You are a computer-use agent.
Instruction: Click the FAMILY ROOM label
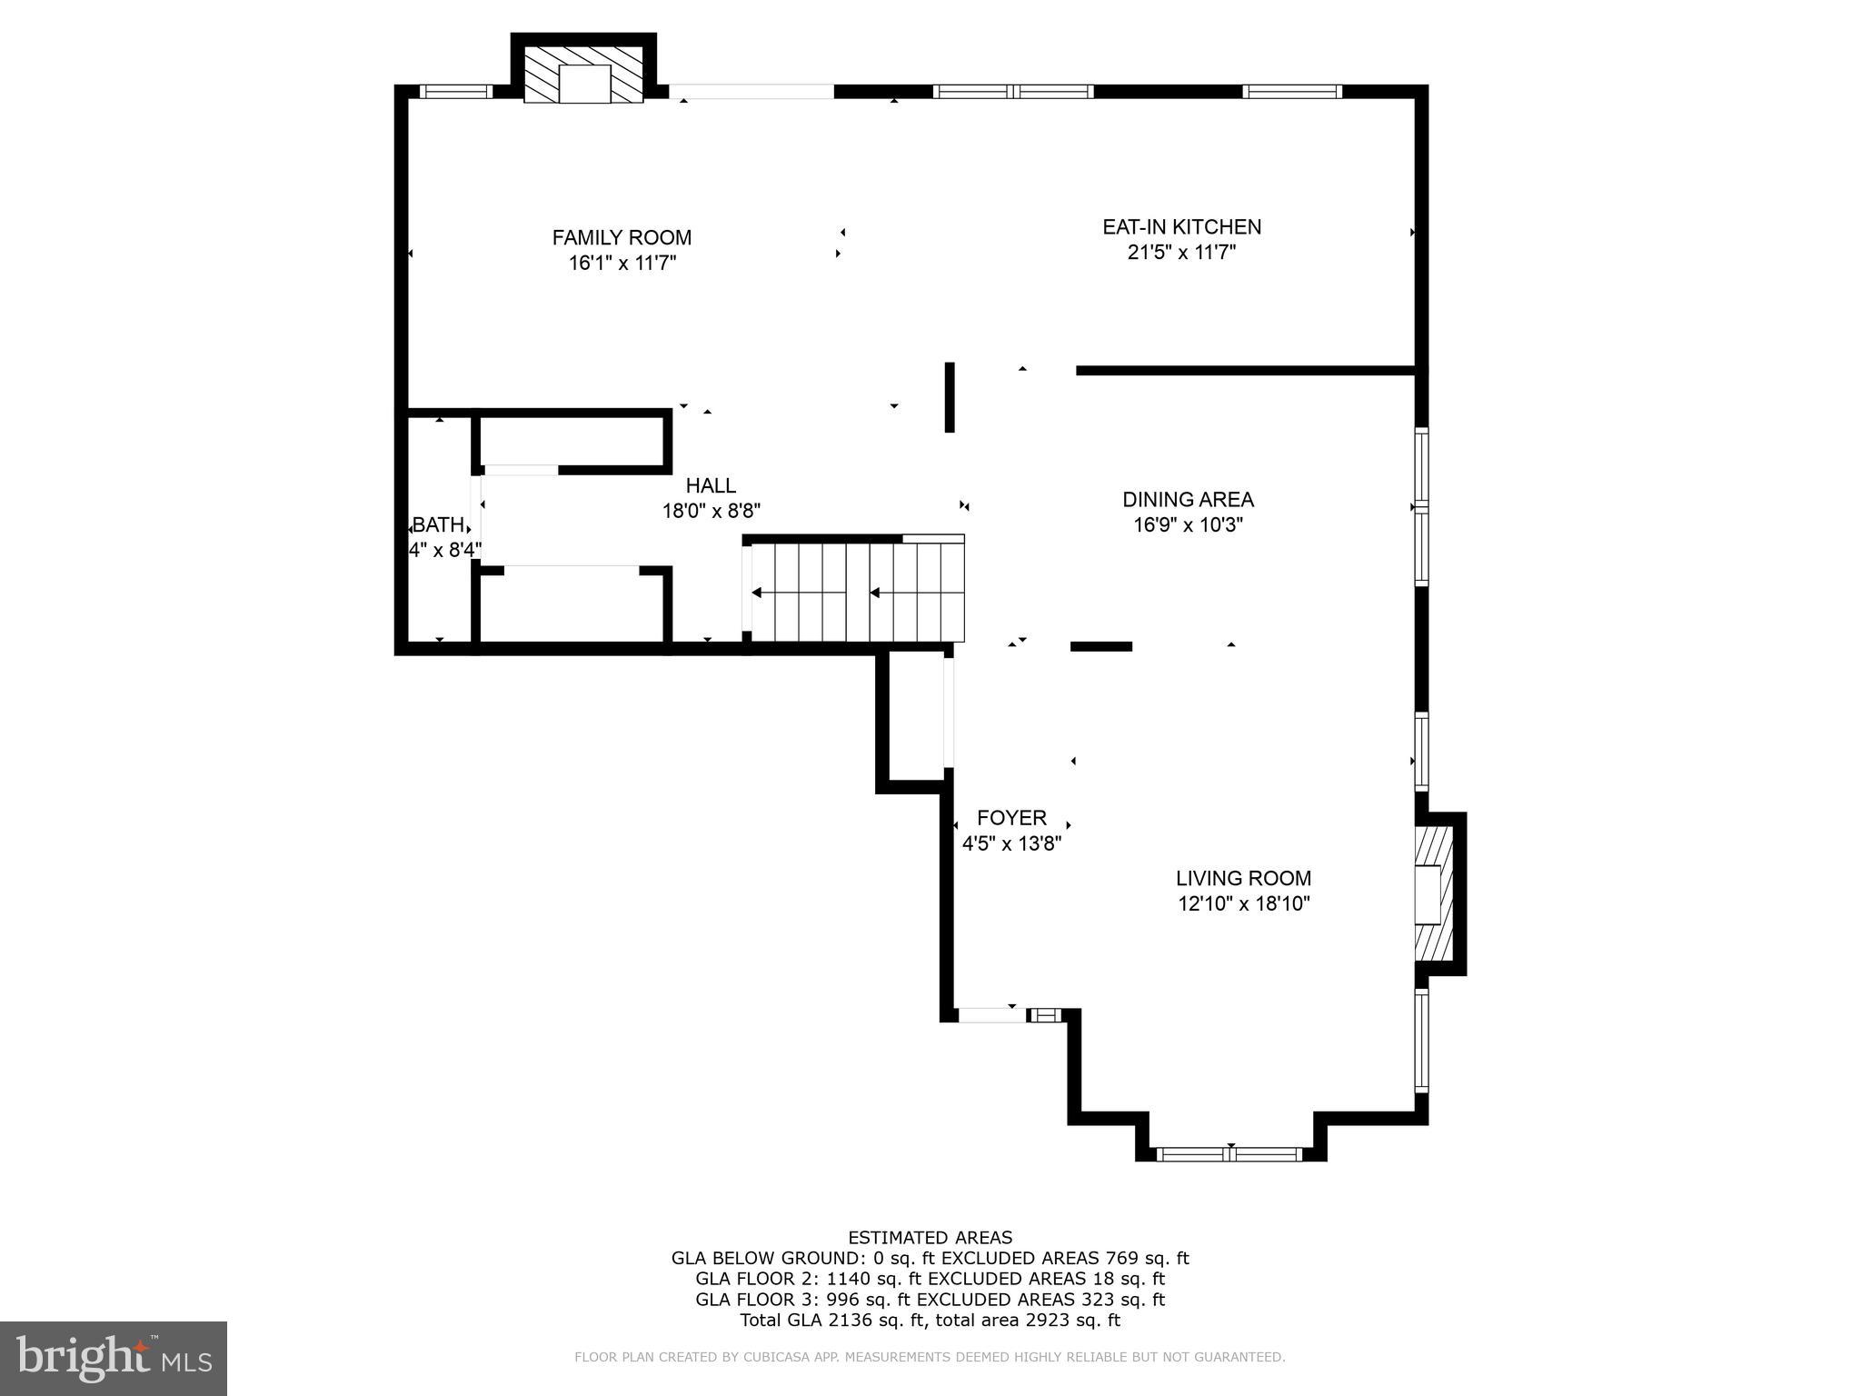click(622, 237)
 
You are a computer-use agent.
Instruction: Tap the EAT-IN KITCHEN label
click(1181, 226)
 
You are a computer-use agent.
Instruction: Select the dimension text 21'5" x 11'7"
click(1181, 253)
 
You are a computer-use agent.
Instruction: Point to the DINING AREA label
click(1188, 499)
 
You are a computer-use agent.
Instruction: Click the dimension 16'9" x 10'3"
click(1188, 525)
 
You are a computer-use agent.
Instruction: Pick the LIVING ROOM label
click(1243, 878)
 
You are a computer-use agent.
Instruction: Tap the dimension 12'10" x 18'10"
click(1243, 903)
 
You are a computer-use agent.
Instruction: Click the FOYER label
click(1011, 817)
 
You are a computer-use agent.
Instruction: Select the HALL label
click(711, 485)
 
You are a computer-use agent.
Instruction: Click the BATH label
click(438, 524)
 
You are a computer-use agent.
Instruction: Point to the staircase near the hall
click(854, 593)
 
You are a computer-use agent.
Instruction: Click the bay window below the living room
click(1230, 1154)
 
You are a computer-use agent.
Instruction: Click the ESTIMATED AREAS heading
click(930, 1237)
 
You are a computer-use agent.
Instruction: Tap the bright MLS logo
click(113, 1359)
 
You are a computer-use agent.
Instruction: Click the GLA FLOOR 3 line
click(930, 1300)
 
